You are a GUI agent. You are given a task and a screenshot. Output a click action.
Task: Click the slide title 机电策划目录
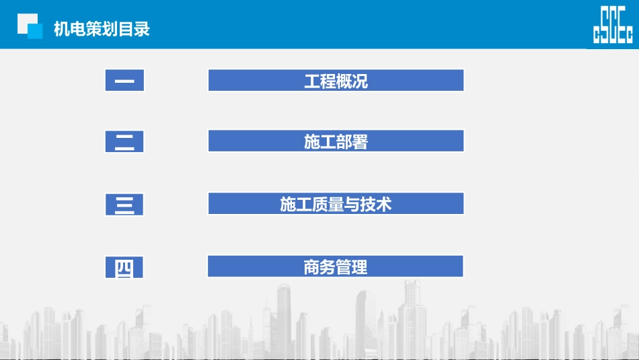[102, 29]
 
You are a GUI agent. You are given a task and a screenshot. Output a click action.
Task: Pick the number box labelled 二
[124, 141]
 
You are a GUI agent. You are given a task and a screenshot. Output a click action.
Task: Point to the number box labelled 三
[124, 204]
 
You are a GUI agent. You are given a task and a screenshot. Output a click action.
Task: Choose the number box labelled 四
[124, 267]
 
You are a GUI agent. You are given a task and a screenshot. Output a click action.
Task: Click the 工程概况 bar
[336, 81]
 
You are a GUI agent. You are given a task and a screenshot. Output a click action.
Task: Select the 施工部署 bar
[336, 141]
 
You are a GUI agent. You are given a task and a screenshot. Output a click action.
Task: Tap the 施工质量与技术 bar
[336, 204]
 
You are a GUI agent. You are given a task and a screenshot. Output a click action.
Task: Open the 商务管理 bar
[336, 266]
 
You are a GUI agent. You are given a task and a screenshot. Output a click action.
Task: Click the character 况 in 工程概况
[361, 82]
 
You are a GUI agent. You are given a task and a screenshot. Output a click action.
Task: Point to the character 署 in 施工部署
[361, 142]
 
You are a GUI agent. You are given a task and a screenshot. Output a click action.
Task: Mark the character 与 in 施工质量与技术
[352, 205]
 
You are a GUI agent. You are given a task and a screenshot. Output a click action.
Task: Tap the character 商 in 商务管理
[311, 267]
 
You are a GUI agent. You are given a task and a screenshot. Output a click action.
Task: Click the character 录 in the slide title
[142, 29]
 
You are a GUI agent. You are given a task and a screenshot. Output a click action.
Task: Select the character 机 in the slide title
[61, 29]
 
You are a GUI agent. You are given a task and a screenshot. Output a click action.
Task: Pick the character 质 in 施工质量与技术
[319, 205]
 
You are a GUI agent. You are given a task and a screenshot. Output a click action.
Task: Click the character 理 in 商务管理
[360, 267]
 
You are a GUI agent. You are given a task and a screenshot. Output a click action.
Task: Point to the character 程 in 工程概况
[328, 82]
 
